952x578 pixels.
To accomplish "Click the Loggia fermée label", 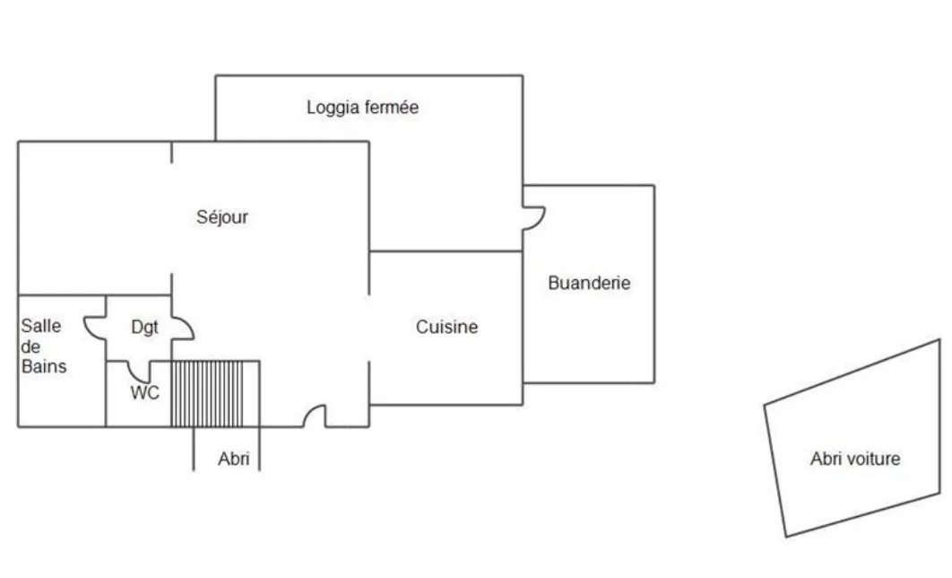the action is (x=362, y=108).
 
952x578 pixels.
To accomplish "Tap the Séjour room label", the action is (x=222, y=217).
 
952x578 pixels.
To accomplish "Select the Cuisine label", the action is (x=446, y=327).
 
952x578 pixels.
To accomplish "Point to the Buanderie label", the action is (x=589, y=283).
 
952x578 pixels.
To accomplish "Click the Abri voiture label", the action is (x=855, y=459).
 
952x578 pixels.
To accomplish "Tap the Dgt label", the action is (x=144, y=328).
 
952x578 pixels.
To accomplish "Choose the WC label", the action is (x=144, y=392).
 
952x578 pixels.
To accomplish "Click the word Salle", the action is (x=41, y=326).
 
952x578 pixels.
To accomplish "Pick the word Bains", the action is (x=44, y=366).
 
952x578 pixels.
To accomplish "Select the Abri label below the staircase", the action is (x=234, y=459).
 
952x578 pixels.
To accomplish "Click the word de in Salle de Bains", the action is (x=31, y=346).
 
